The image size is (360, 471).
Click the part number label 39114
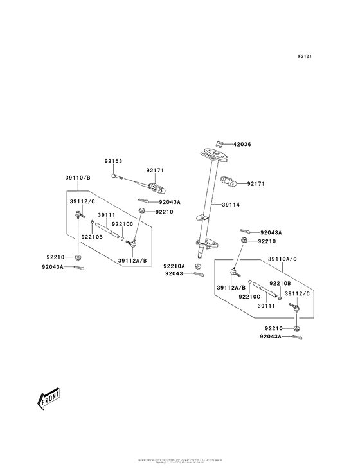point(231,205)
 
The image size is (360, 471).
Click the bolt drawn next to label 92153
point(114,175)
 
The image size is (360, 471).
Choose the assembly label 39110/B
point(77,177)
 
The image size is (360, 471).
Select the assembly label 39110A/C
point(282,258)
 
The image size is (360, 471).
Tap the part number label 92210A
point(174,266)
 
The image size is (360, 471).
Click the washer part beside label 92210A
point(198,266)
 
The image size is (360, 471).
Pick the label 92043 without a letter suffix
point(174,273)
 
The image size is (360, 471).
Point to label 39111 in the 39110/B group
point(106,215)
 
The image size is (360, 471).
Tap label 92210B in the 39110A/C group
point(280,283)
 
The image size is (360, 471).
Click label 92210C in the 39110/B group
point(122,223)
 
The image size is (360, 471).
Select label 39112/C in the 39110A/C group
point(298,293)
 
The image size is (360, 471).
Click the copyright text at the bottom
point(179,461)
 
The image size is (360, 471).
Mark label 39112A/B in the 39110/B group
point(132,261)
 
